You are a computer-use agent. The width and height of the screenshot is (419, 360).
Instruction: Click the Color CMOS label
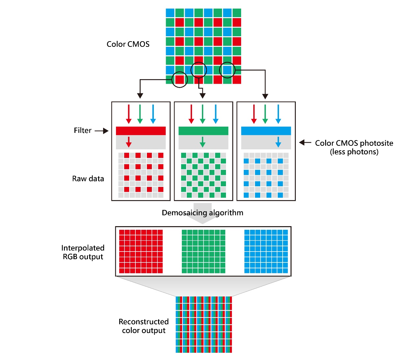[128, 44]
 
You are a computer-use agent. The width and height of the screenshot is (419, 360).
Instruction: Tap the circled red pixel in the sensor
[180, 79]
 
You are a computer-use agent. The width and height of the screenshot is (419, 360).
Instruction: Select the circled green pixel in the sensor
[198, 70]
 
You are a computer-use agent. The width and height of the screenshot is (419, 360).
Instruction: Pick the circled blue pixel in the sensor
[227, 70]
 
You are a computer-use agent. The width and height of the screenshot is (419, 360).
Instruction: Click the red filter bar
[141, 131]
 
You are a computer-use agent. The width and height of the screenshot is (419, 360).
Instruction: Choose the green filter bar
[203, 131]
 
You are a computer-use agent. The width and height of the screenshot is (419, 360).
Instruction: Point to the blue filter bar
[266, 131]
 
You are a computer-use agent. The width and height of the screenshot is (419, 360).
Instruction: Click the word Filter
[82, 131]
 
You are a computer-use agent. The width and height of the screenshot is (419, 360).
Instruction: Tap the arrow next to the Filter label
[102, 131]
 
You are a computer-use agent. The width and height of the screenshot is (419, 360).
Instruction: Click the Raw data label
[88, 179]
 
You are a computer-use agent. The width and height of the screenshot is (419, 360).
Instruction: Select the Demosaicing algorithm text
[202, 213]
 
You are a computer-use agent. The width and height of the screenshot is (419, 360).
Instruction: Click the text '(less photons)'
[354, 152]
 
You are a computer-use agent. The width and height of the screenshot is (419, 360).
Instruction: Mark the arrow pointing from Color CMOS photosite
[305, 143]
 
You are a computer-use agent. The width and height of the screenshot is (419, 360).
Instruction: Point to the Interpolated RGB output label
[83, 252]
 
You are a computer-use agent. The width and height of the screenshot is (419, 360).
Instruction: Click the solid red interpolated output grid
[141, 252]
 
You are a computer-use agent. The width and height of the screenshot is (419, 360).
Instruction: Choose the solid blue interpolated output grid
[266, 252]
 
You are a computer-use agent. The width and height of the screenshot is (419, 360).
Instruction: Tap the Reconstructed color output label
[144, 326]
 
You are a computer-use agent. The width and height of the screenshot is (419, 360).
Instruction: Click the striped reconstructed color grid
[204, 324]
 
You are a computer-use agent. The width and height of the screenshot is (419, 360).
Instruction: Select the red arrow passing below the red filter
[128, 142]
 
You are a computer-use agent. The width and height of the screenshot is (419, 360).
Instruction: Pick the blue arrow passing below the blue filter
[278, 142]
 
